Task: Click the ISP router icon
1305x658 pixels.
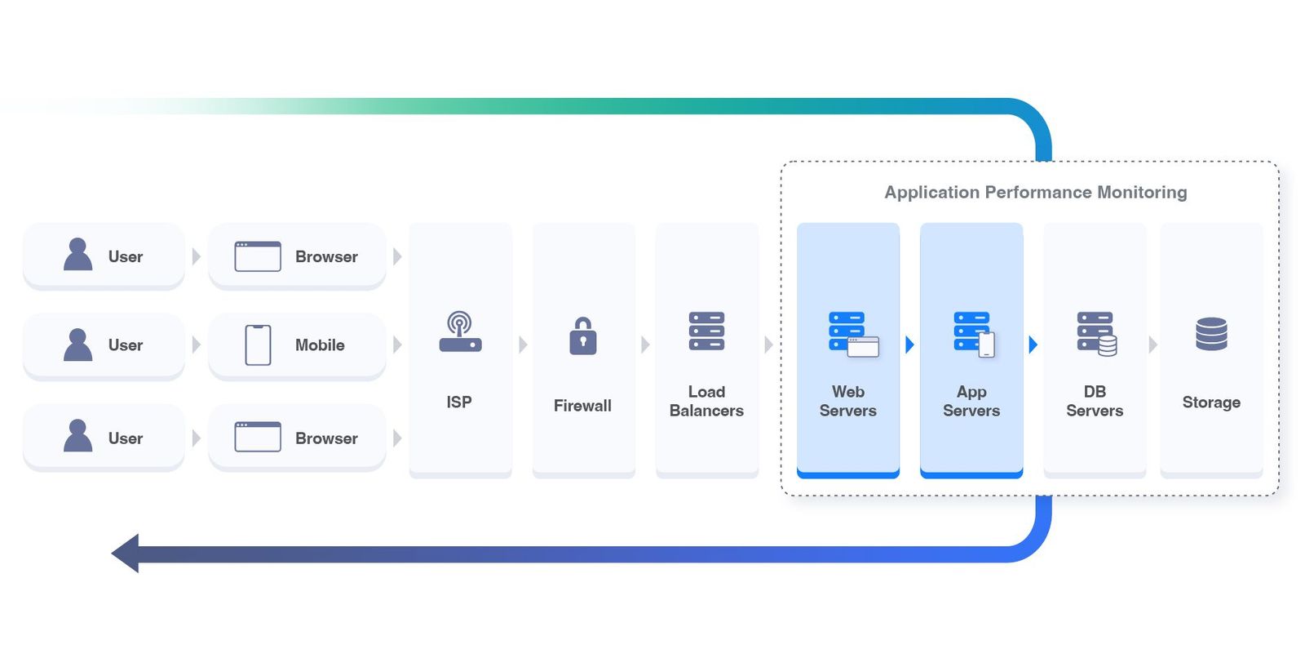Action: (x=460, y=332)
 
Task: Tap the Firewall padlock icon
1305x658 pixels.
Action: (x=582, y=336)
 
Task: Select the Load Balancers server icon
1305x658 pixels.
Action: (x=706, y=331)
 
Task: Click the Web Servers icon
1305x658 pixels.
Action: (x=852, y=334)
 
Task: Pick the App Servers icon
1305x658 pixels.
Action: (x=974, y=334)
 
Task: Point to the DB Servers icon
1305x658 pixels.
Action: (x=1096, y=334)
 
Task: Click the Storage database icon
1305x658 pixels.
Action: (x=1211, y=334)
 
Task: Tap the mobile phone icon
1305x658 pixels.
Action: (x=258, y=345)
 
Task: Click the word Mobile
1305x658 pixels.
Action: (x=320, y=345)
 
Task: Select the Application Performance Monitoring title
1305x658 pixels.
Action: (x=1035, y=193)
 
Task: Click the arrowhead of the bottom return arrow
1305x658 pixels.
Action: (x=126, y=554)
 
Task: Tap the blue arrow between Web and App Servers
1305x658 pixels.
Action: (x=909, y=345)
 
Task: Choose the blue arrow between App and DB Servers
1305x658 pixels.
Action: (x=1033, y=345)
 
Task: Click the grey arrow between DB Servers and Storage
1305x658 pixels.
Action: (x=1152, y=345)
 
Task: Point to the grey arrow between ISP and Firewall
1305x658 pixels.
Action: (x=523, y=345)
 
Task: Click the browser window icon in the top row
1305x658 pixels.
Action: (x=258, y=256)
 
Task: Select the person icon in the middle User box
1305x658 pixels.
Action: (x=78, y=345)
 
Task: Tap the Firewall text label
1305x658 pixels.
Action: (x=582, y=406)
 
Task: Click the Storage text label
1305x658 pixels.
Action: (x=1211, y=402)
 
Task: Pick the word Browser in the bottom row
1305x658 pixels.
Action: (x=326, y=438)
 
